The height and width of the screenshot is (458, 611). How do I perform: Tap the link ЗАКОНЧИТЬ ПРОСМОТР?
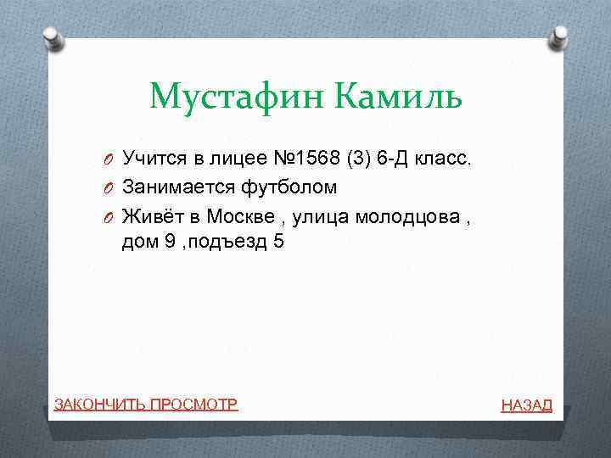coord(146,404)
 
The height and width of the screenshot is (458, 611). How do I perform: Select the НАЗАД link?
coord(526,405)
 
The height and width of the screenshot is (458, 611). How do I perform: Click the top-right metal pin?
coord(561,37)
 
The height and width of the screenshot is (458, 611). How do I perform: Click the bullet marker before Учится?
coord(111,158)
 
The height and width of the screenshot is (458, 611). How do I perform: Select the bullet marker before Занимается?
coord(111,187)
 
